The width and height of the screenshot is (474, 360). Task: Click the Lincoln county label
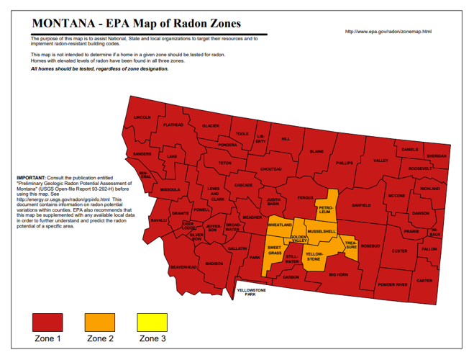click(x=142, y=117)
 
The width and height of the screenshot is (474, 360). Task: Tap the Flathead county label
click(x=173, y=125)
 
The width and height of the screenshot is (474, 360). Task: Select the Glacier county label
click(x=210, y=126)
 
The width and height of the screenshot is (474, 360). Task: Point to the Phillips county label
click(x=345, y=163)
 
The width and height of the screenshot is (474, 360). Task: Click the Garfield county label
click(x=361, y=205)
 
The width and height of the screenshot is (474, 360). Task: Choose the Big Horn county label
click(x=338, y=274)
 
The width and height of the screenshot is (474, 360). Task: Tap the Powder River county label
click(x=392, y=284)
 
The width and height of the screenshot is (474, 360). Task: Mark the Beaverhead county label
click(x=183, y=266)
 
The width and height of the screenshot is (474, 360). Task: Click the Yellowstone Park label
click(x=252, y=292)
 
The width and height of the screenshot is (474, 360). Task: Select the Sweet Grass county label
click(x=274, y=251)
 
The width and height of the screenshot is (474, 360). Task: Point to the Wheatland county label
click(x=280, y=225)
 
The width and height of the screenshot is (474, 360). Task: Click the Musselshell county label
click(x=321, y=231)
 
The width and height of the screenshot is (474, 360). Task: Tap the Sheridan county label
click(x=436, y=156)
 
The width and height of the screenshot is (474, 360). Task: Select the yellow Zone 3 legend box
click(x=152, y=323)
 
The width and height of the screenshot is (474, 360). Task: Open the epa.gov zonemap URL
click(x=388, y=32)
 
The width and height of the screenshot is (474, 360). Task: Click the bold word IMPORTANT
click(x=29, y=176)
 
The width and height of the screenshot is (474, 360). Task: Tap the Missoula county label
click(x=170, y=189)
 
